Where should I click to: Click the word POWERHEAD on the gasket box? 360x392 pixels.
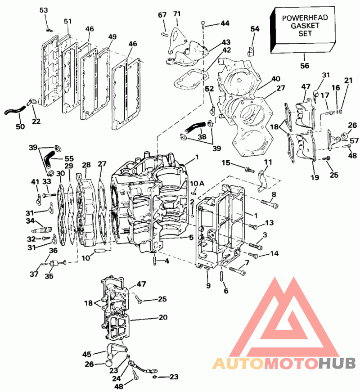click(x=305, y=18)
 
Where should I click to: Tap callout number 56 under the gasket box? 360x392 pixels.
click(x=305, y=66)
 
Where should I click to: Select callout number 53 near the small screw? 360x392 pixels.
click(x=44, y=10)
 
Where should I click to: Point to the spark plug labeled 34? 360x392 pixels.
click(x=41, y=229)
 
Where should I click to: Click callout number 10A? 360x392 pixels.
click(x=197, y=184)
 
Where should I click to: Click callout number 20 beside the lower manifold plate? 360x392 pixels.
click(x=163, y=317)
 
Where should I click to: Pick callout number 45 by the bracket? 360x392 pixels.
click(x=87, y=354)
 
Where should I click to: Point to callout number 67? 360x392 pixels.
click(x=162, y=15)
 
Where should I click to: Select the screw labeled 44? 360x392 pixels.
click(x=203, y=25)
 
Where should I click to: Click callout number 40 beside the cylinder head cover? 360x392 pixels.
click(x=276, y=79)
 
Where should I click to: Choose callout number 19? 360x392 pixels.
click(x=315, y=177)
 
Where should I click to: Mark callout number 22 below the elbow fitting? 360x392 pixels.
click(x=36, y=121)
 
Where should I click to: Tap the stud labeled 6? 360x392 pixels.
click(x=222, y=276)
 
